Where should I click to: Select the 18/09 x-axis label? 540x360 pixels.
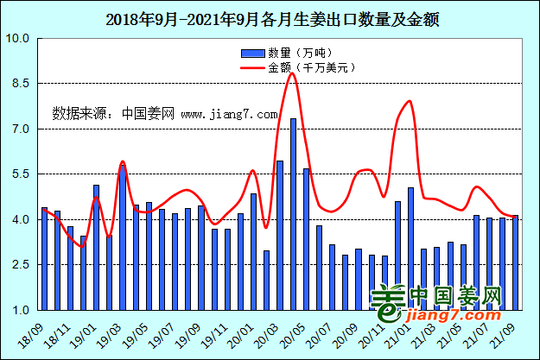pos(33,332)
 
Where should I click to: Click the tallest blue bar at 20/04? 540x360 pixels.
pos(293,213)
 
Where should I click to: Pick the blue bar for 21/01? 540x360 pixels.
pos(410,249)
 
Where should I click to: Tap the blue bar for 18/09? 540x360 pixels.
pos(44,258)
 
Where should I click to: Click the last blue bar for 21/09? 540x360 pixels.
pos(515,262)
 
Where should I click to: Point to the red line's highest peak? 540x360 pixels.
pos(292,73)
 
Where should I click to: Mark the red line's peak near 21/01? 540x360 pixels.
pos(409,101)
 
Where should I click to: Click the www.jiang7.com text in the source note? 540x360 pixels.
pos(229,113)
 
